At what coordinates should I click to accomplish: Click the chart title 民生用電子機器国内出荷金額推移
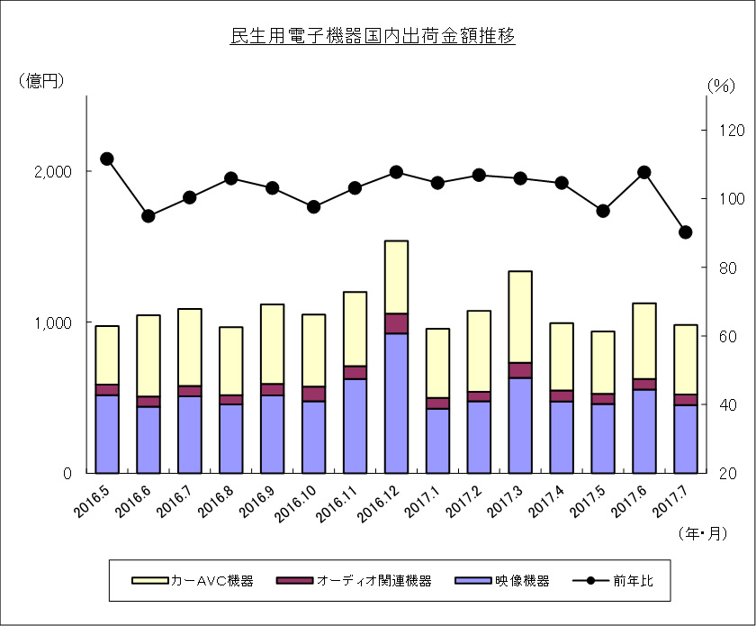click(x=373, y=36)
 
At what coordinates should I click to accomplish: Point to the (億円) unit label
click(x=41, y=80)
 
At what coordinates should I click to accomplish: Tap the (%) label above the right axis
click(x=721, y=86)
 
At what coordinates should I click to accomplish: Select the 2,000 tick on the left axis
click(x=53, y=171)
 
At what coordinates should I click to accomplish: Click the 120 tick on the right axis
click(x=732, y=130)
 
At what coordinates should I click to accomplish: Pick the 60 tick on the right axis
click(x=727, y=336)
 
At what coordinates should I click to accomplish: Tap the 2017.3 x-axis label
click(x=504, y=502)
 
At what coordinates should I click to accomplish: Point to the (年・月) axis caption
click(x=703, y=533)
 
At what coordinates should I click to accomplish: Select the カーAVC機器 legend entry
click(x=193, y=581)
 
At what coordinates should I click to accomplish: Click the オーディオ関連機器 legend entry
click(x=354, y=581)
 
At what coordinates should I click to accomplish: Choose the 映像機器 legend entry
click(x=502, y=581)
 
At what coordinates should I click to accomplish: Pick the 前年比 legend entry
click(x=613, y=581)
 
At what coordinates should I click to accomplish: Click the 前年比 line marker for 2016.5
click(x=107, y=159)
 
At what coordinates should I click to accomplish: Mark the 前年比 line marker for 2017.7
click(x=686, y=232)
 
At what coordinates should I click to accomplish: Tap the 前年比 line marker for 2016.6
click(x=148, y=216)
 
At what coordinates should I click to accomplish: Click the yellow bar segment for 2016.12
click(x=396, y=277)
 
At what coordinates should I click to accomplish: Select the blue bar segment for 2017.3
click(x=520, y=425)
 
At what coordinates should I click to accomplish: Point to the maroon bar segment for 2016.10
click(x=313, y=394)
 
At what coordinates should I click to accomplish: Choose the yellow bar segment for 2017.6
click(x=644, y=341)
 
